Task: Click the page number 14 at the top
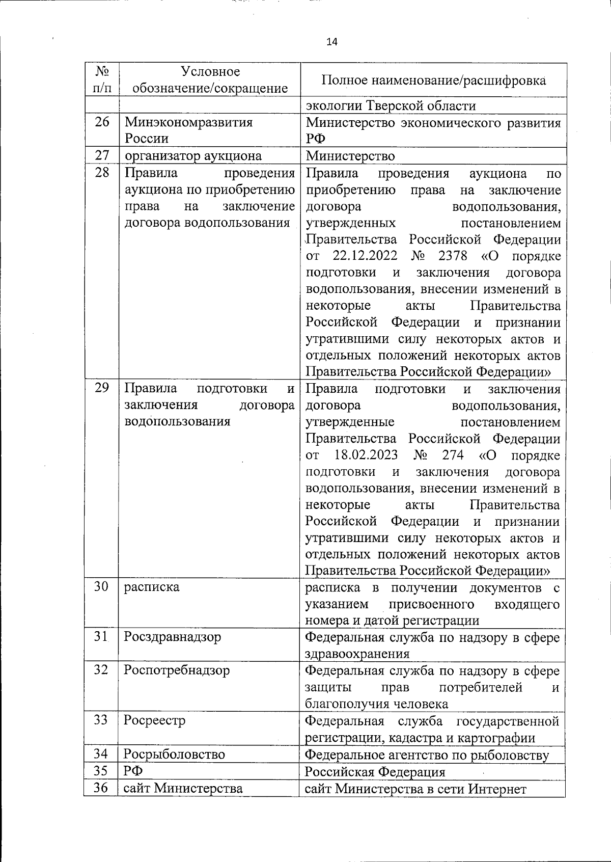pos(331,42)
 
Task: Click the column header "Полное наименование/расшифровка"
pos(434,80)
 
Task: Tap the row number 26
pos(102,122)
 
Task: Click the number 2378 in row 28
pos(452,256)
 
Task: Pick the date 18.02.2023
pos(366,455)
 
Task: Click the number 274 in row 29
pos(453,455)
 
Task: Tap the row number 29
pos(102,388)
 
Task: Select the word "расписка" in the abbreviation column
pos(151,587)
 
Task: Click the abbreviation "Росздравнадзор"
pos(173,637)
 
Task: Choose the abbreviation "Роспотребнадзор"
pos(177,670)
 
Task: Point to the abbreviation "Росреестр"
pos(155,720)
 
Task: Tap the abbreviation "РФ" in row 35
pos(133,771)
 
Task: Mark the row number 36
pos(101,788)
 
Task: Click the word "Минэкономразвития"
pos(188,123)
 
